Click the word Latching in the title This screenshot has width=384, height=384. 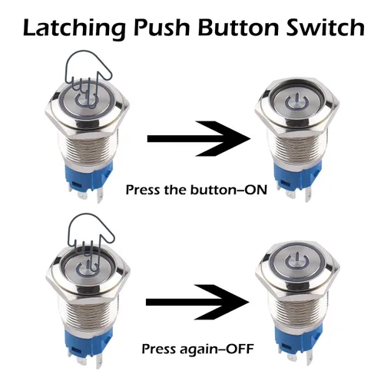(x=74, y=28)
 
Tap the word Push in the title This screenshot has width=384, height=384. (x=161, y=27)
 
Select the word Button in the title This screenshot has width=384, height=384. (x=238, y=27)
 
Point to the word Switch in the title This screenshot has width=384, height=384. (x=326, y=27)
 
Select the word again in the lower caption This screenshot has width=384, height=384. (x=199, y=349)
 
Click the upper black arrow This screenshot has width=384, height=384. (x=199, y=139)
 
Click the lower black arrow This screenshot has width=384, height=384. (x=197, y=302)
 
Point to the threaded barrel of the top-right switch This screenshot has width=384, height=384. (x=297, y=148)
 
